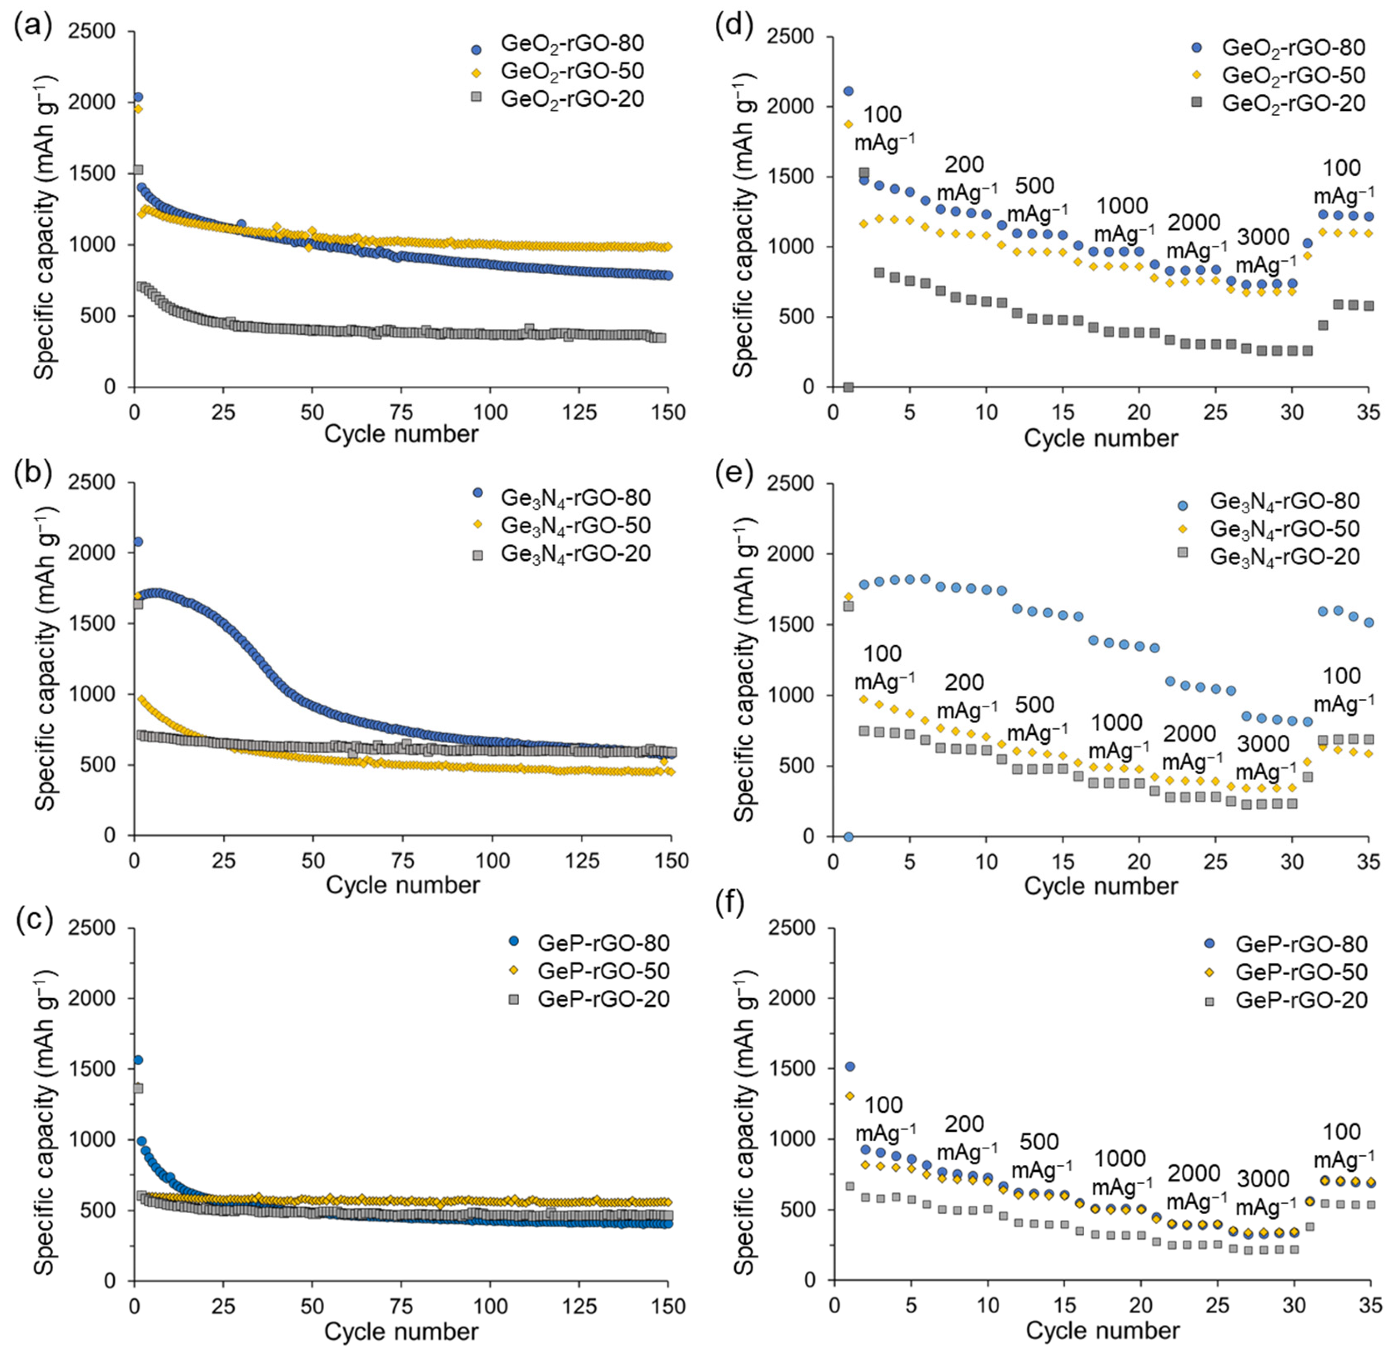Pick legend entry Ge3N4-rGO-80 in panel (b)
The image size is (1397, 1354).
tap(576, 497)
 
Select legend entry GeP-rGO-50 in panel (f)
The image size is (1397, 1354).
tap(1301, 972)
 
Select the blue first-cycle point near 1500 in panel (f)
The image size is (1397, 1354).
tap(850, 1067)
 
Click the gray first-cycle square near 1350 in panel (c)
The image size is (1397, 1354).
tap(138, 1088)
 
